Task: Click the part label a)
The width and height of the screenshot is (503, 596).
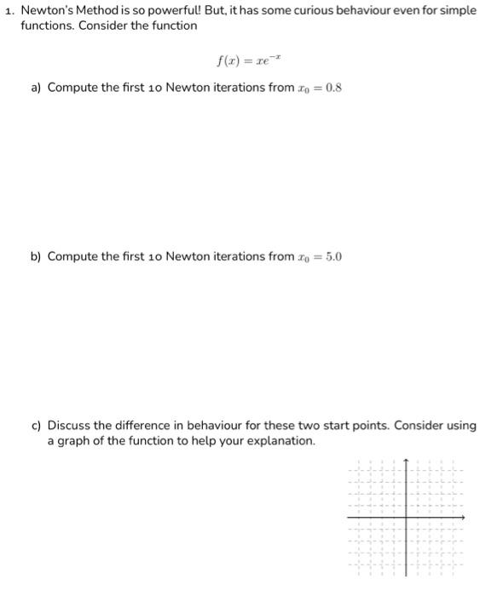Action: coord(37,88)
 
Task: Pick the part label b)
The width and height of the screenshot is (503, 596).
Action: coord(37,256)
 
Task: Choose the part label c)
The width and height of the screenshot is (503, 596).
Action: coord(37,426)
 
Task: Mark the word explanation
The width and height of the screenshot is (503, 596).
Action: coord(282,441)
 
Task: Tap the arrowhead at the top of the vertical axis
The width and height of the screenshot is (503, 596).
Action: coord(406,462)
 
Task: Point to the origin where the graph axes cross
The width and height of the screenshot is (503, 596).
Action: coord(406,517)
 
